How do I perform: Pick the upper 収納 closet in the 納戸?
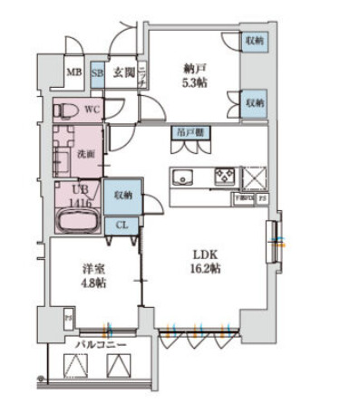click(253, 41)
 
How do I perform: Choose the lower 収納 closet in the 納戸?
click(253, 102)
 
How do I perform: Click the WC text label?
click(92, 109)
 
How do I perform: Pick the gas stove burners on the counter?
click(224, 174)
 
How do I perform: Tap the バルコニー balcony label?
click(93, 344)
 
